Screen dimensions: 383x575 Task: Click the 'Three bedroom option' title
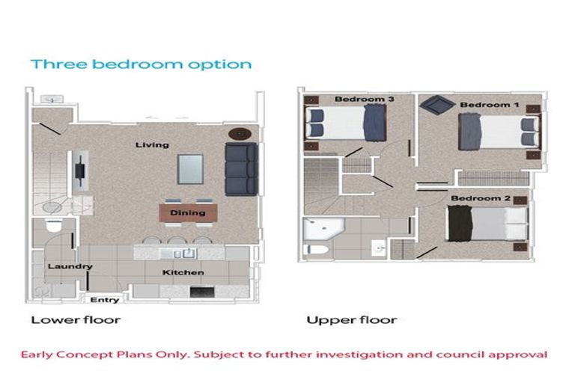141,64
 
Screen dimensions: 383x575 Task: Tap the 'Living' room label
152,144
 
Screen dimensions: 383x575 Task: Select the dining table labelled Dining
187,213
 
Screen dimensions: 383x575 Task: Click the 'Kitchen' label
183,272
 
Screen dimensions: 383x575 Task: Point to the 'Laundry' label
70,266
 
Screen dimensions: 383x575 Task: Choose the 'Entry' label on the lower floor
105,300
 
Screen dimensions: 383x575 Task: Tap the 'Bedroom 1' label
489,105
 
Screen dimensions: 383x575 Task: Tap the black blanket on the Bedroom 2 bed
458,224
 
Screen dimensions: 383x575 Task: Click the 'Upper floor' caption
351,320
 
